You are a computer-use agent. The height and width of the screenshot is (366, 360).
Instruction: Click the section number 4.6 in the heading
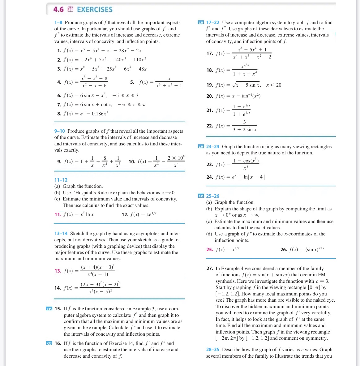pos(58,9)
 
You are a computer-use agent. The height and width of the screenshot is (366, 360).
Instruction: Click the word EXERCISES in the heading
pos(95,9)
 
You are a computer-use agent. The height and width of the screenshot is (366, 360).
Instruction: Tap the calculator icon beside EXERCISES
pos(70,9)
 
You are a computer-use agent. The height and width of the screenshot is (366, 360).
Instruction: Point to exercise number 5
pos(132,82)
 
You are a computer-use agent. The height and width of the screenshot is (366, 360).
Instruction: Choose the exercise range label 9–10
pos(59,131)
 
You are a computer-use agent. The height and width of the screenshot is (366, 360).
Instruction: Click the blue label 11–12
pos(61,180)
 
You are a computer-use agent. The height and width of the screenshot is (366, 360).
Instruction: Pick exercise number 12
pos(125,214)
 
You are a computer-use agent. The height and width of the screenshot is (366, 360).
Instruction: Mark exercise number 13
pos(58,271)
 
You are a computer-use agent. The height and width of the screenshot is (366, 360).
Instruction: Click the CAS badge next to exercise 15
pos(49,309)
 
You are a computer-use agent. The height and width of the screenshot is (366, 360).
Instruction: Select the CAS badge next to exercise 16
pos(49,343)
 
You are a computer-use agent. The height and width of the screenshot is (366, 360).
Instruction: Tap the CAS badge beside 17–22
pos(201,23)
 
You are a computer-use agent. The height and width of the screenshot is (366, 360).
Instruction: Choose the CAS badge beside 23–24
pos(201,147)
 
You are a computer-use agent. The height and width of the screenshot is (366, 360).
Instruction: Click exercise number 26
pos(283,249)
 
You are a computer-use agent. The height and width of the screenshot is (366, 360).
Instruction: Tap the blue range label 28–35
pos(212,350)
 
